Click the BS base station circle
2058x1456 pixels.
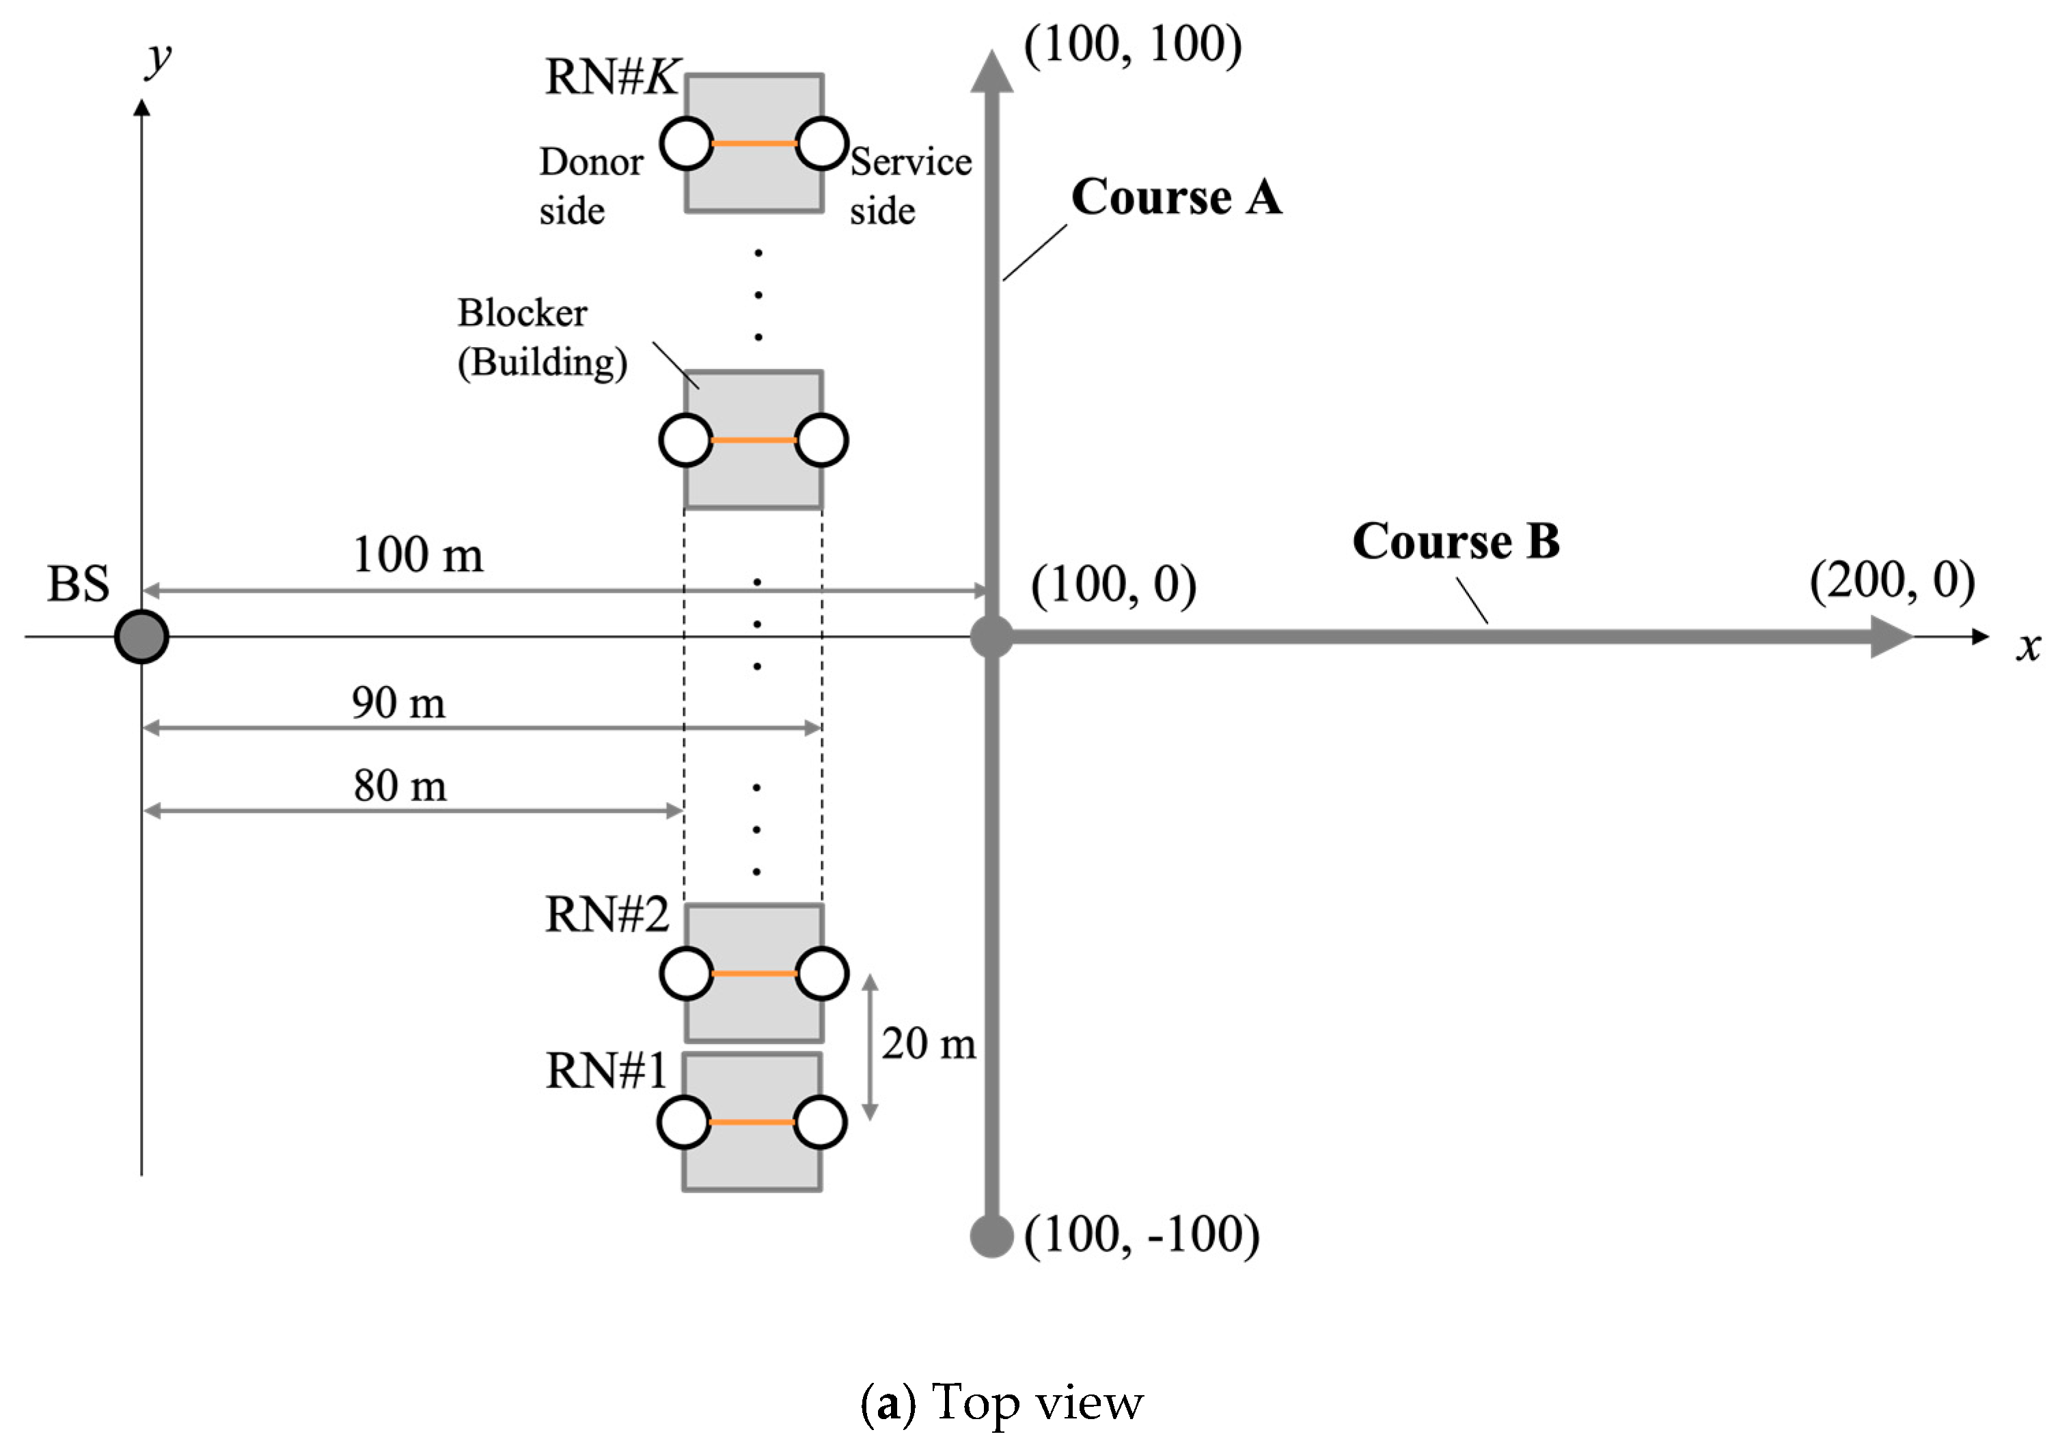141,637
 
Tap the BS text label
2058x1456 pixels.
78,585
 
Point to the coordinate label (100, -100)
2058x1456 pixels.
1141,1235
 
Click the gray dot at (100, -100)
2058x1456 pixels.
991,1235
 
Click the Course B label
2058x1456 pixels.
1455,542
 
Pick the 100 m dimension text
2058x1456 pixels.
417,555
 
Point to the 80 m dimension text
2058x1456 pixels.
400,786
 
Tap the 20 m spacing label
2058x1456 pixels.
929,1043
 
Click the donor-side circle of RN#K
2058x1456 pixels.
687,143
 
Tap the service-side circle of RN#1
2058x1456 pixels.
820,1123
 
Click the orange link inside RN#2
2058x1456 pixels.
754,974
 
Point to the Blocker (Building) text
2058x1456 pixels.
541,338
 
